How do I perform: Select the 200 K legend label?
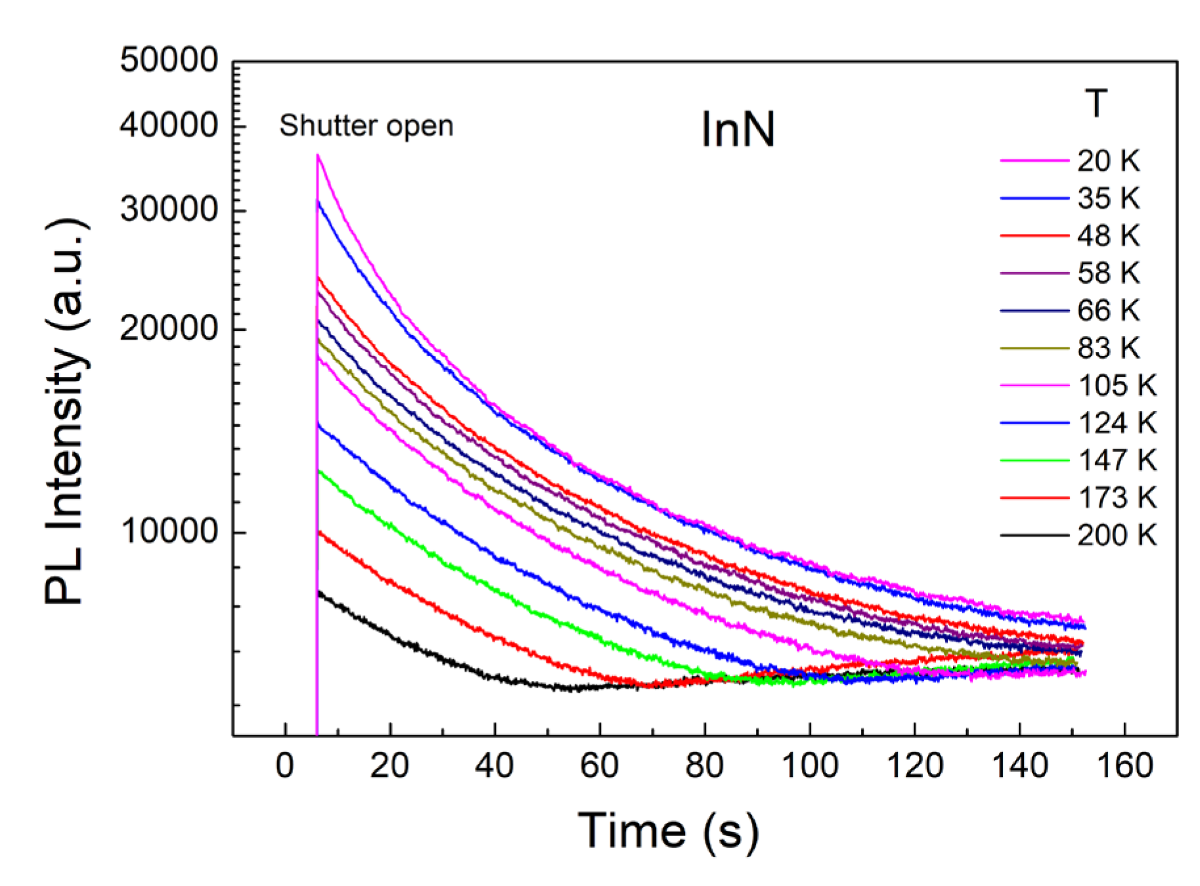pos(1116,535)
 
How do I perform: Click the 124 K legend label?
pos(1116,423)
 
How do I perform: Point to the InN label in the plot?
pos(738,129)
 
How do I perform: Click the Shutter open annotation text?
pos(366,125)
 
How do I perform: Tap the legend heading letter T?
pos(1096,103)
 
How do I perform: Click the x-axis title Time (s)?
pos(668,831)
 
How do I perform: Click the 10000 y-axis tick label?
pos(169,531)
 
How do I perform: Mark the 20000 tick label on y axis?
pos(169,327)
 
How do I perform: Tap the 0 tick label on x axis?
pos(284,766)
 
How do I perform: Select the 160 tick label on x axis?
pos(1124,766)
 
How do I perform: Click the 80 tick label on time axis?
pos(704,766)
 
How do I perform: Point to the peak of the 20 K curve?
pos(318,156)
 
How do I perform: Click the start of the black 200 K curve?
pos(319,592)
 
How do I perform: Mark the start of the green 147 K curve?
pos(319,471)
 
